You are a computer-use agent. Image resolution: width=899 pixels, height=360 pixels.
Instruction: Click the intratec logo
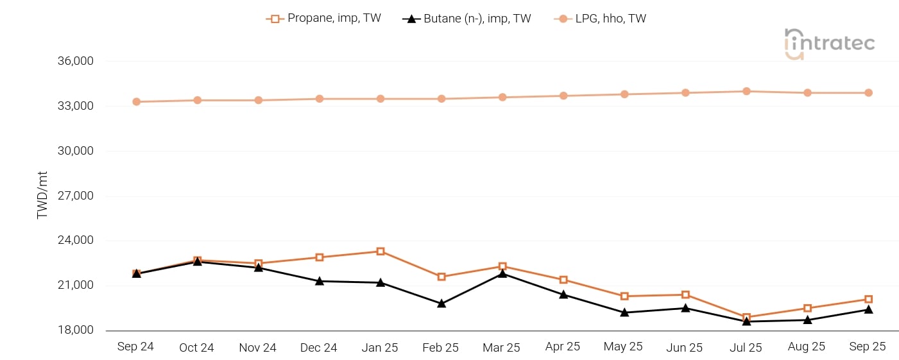pyautogui.click(x=829, y=44)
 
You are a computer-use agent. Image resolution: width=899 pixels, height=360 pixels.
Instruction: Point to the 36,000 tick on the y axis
pyautogui.click(x=76, y=62)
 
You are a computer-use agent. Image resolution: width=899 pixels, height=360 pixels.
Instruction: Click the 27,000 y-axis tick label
pyautogui.click(x=76, y=196)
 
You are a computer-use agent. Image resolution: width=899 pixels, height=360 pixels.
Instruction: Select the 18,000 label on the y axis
pyautogui.click(x=76, y=330)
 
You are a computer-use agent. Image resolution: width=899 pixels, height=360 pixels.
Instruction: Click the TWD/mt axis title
pyautogui.click(x=43, y=196)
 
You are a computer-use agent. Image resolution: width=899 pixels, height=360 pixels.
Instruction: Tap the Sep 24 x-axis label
pyautogui.click(x=135, y=347)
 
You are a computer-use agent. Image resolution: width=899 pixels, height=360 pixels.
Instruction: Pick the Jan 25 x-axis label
pyautogui.click(x=380, y=347)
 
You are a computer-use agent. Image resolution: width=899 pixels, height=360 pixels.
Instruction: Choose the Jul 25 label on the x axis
pyautogui.click(x=746, y=347)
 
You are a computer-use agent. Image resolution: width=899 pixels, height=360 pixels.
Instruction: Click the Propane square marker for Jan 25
pyautogui.click(x=381, y=252)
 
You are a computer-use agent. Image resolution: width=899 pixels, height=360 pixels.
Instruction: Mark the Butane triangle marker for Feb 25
pyautogui.click(x=441, y=304)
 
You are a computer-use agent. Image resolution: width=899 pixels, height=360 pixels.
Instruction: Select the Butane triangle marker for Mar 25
pyautogui.click(x=502, y=273)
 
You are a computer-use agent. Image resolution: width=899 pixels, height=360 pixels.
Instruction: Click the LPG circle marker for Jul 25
pyautogui.click(x=746, y=91)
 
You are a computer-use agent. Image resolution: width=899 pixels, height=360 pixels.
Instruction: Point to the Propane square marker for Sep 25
pyautogui.click(x=868, y=299)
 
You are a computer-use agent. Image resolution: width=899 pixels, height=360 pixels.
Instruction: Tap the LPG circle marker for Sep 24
pyautogui.click(x=136, y=101)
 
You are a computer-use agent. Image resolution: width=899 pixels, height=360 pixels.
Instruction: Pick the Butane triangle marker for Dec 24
pyautogui.click(x=320, y=281)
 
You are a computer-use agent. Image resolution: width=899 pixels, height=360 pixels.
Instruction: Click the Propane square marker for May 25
pyautogui.click(x=624, y=296)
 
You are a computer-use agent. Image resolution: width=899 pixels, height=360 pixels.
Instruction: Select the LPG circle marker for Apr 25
pyautogui.click(x=563, y=96)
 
